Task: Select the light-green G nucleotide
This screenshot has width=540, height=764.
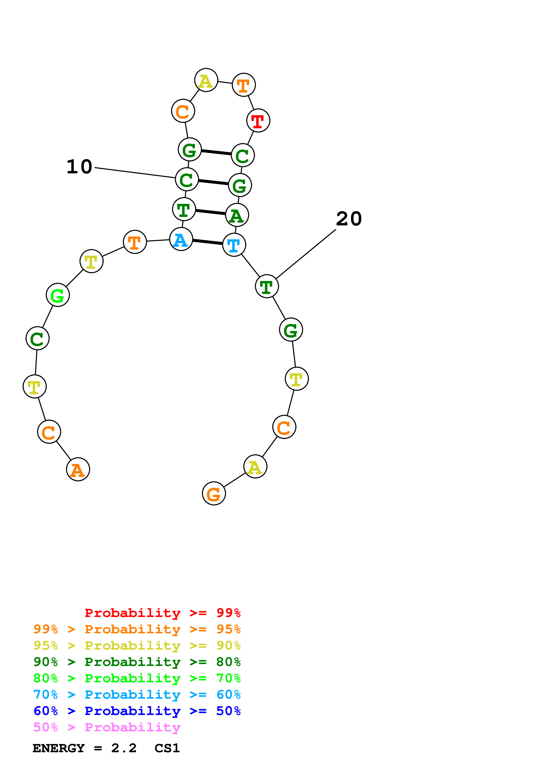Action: [58, 295]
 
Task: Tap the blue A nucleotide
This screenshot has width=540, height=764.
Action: [181, 239]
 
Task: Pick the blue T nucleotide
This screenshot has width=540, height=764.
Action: [234, 245]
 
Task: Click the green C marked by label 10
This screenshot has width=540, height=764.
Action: [187, 179]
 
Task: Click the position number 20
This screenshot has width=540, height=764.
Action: [349, 219]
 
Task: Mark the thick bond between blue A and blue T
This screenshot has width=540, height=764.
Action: [208, 242]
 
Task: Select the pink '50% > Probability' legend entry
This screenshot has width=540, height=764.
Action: [107, 727]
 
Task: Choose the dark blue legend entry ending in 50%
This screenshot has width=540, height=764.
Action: [137, 711]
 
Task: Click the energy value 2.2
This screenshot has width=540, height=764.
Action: [124, 748]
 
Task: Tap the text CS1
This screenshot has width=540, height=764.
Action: [167, 748]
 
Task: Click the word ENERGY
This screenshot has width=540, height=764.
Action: [59, 748]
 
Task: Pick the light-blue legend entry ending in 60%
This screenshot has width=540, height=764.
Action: [137, 695]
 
